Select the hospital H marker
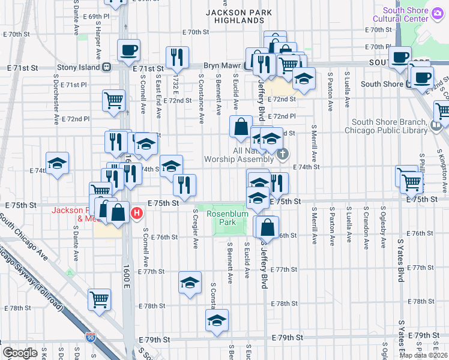[x=137, y=212]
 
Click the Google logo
[x=19, y=353]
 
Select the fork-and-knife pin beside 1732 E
[x=176, y=56]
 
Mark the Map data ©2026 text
[x=424, y=355]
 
